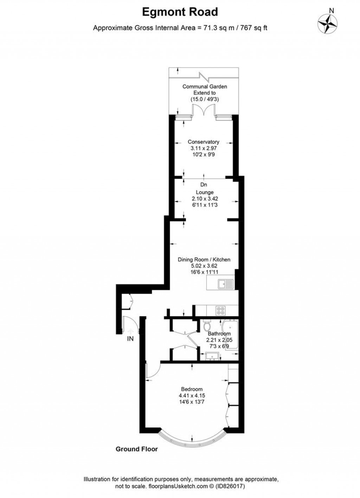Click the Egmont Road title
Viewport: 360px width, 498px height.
[x=180, y=12]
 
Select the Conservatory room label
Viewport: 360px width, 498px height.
[x=203, y=142]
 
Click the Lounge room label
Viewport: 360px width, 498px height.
[x=205, y=192]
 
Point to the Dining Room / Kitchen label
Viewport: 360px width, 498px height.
[x=204, y=259]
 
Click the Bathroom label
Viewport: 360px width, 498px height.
[x=219, y=334]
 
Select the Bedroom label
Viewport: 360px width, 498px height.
[x=192, y=389]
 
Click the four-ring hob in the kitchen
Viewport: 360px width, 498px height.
[x=221, y=310]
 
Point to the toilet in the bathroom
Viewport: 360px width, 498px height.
[x=207, y=326]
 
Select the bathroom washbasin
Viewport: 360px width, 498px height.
[x=212, y=356]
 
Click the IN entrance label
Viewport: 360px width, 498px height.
[x=130, y=339]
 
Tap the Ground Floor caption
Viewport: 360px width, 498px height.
[x=137, y=449]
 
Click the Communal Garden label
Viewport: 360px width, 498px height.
[x=205, y=86]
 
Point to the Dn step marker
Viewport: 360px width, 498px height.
[x=204, y=185]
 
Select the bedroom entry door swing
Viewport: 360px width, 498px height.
[x=153, y=371]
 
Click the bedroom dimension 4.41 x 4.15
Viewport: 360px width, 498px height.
[x=192, y=395]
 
